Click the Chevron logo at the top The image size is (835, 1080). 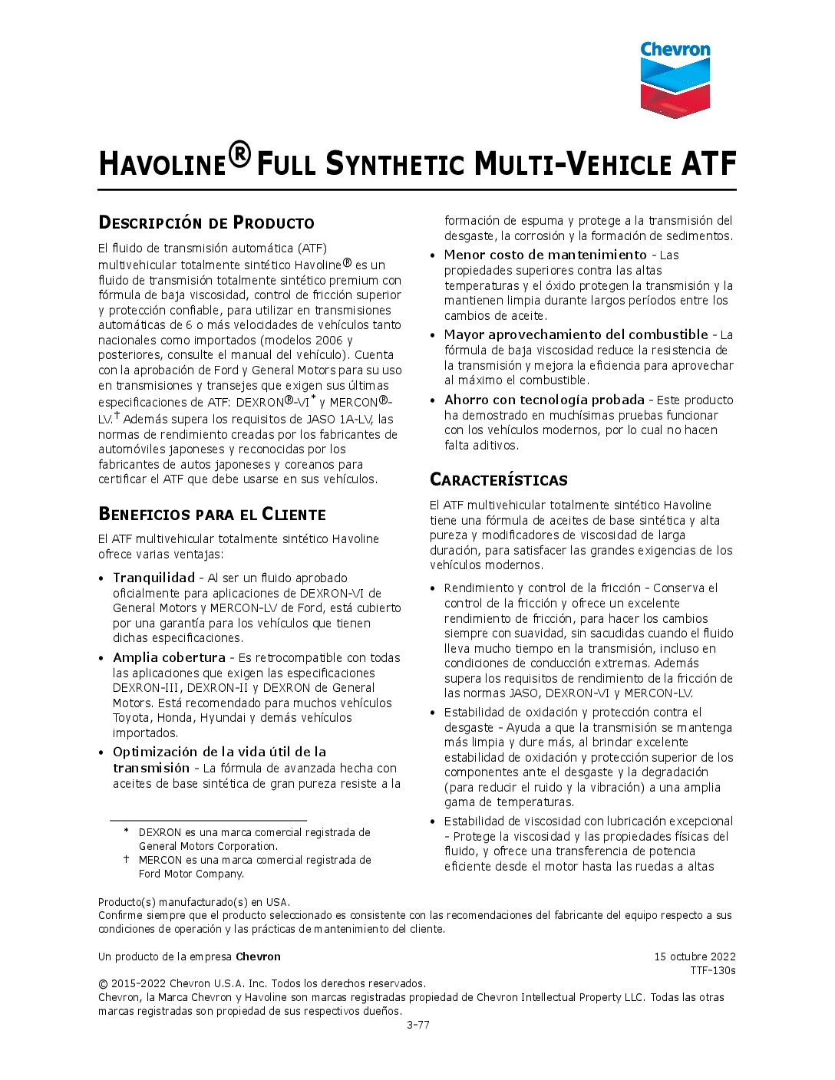coord(675,80)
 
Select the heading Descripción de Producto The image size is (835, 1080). coord(206,223)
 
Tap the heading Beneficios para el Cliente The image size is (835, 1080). coord(212,514)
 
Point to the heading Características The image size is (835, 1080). coord(498,480)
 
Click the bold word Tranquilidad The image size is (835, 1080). coord(153,578)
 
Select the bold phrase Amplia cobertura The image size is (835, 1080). coord(169,657)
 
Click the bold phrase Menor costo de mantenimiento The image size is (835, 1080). coord(545,255)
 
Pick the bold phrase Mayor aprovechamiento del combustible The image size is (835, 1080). coord(576,334)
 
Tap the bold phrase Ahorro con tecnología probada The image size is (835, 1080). coord(544,400)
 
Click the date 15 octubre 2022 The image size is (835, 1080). coord(695,957)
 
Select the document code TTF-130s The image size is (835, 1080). coord(712,970)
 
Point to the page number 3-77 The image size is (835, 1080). coord(417,1025)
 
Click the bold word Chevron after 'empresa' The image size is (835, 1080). coord(258,957)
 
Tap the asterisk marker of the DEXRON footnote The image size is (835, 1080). coord(126,831)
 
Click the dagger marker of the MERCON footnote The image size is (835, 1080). coord(126,859)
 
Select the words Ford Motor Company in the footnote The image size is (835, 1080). coord(191,874)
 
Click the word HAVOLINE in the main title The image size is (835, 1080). coord(163,164)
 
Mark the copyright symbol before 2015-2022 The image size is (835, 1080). coord(103,983)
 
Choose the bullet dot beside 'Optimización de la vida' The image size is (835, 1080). coord(102,752)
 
